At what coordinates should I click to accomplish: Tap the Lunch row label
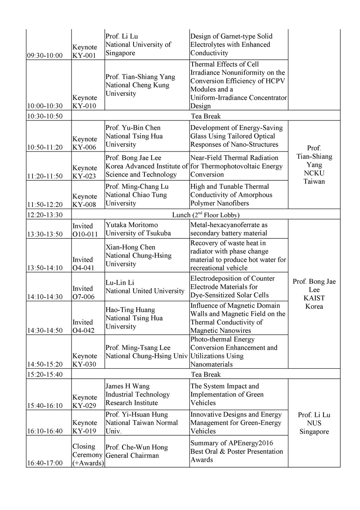click(206, 215)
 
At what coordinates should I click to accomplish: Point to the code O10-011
click(87, 234)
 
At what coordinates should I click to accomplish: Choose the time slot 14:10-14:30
click(45, 297)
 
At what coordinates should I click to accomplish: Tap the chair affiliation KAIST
click(314, 298)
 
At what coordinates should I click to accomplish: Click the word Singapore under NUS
click(314, 432)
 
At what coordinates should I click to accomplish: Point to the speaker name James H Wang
click(127, 386)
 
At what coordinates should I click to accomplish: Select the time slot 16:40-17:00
click(45, 463)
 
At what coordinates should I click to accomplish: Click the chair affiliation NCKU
click(314, 173)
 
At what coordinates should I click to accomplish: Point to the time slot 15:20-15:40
click(45, 374)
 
